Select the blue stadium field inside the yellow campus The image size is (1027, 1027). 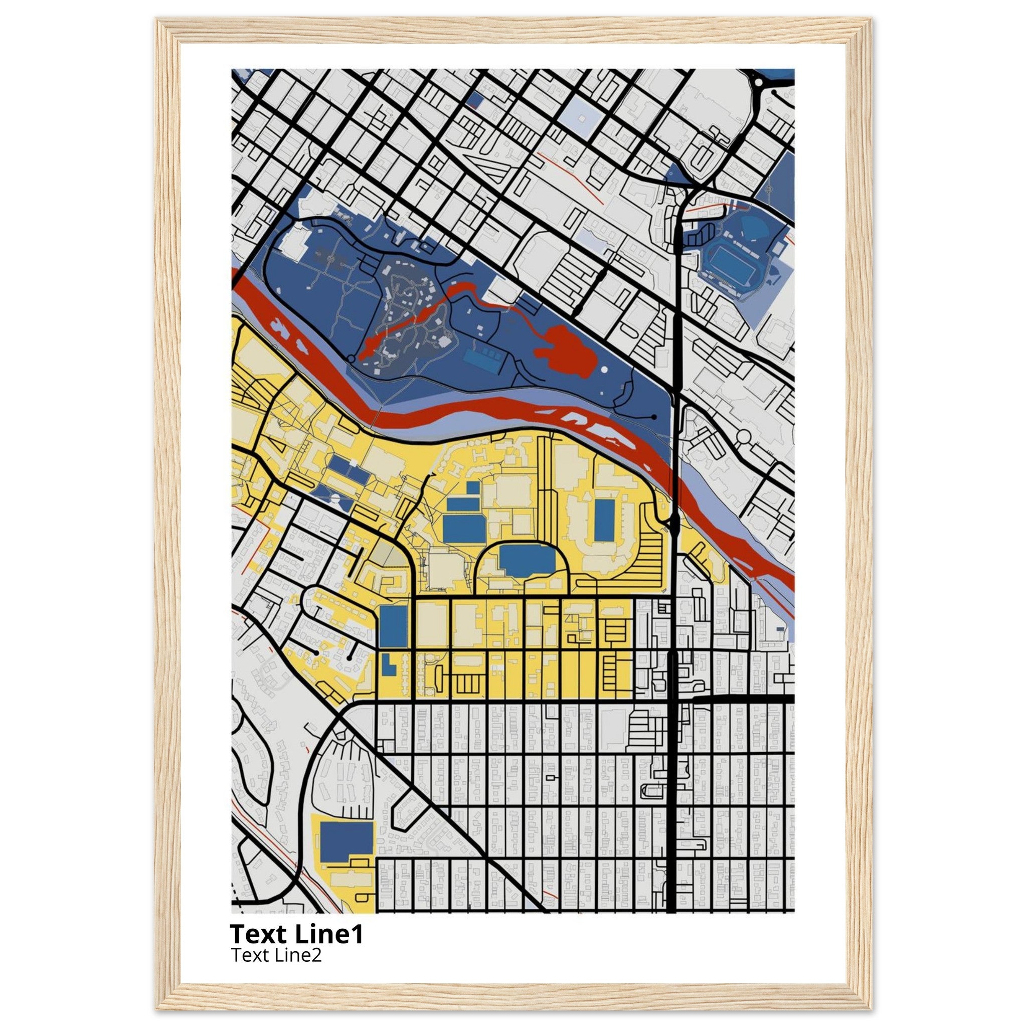[604, 520]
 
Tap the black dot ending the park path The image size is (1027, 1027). [654, 417]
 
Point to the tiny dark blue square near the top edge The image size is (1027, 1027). [476, 98]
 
